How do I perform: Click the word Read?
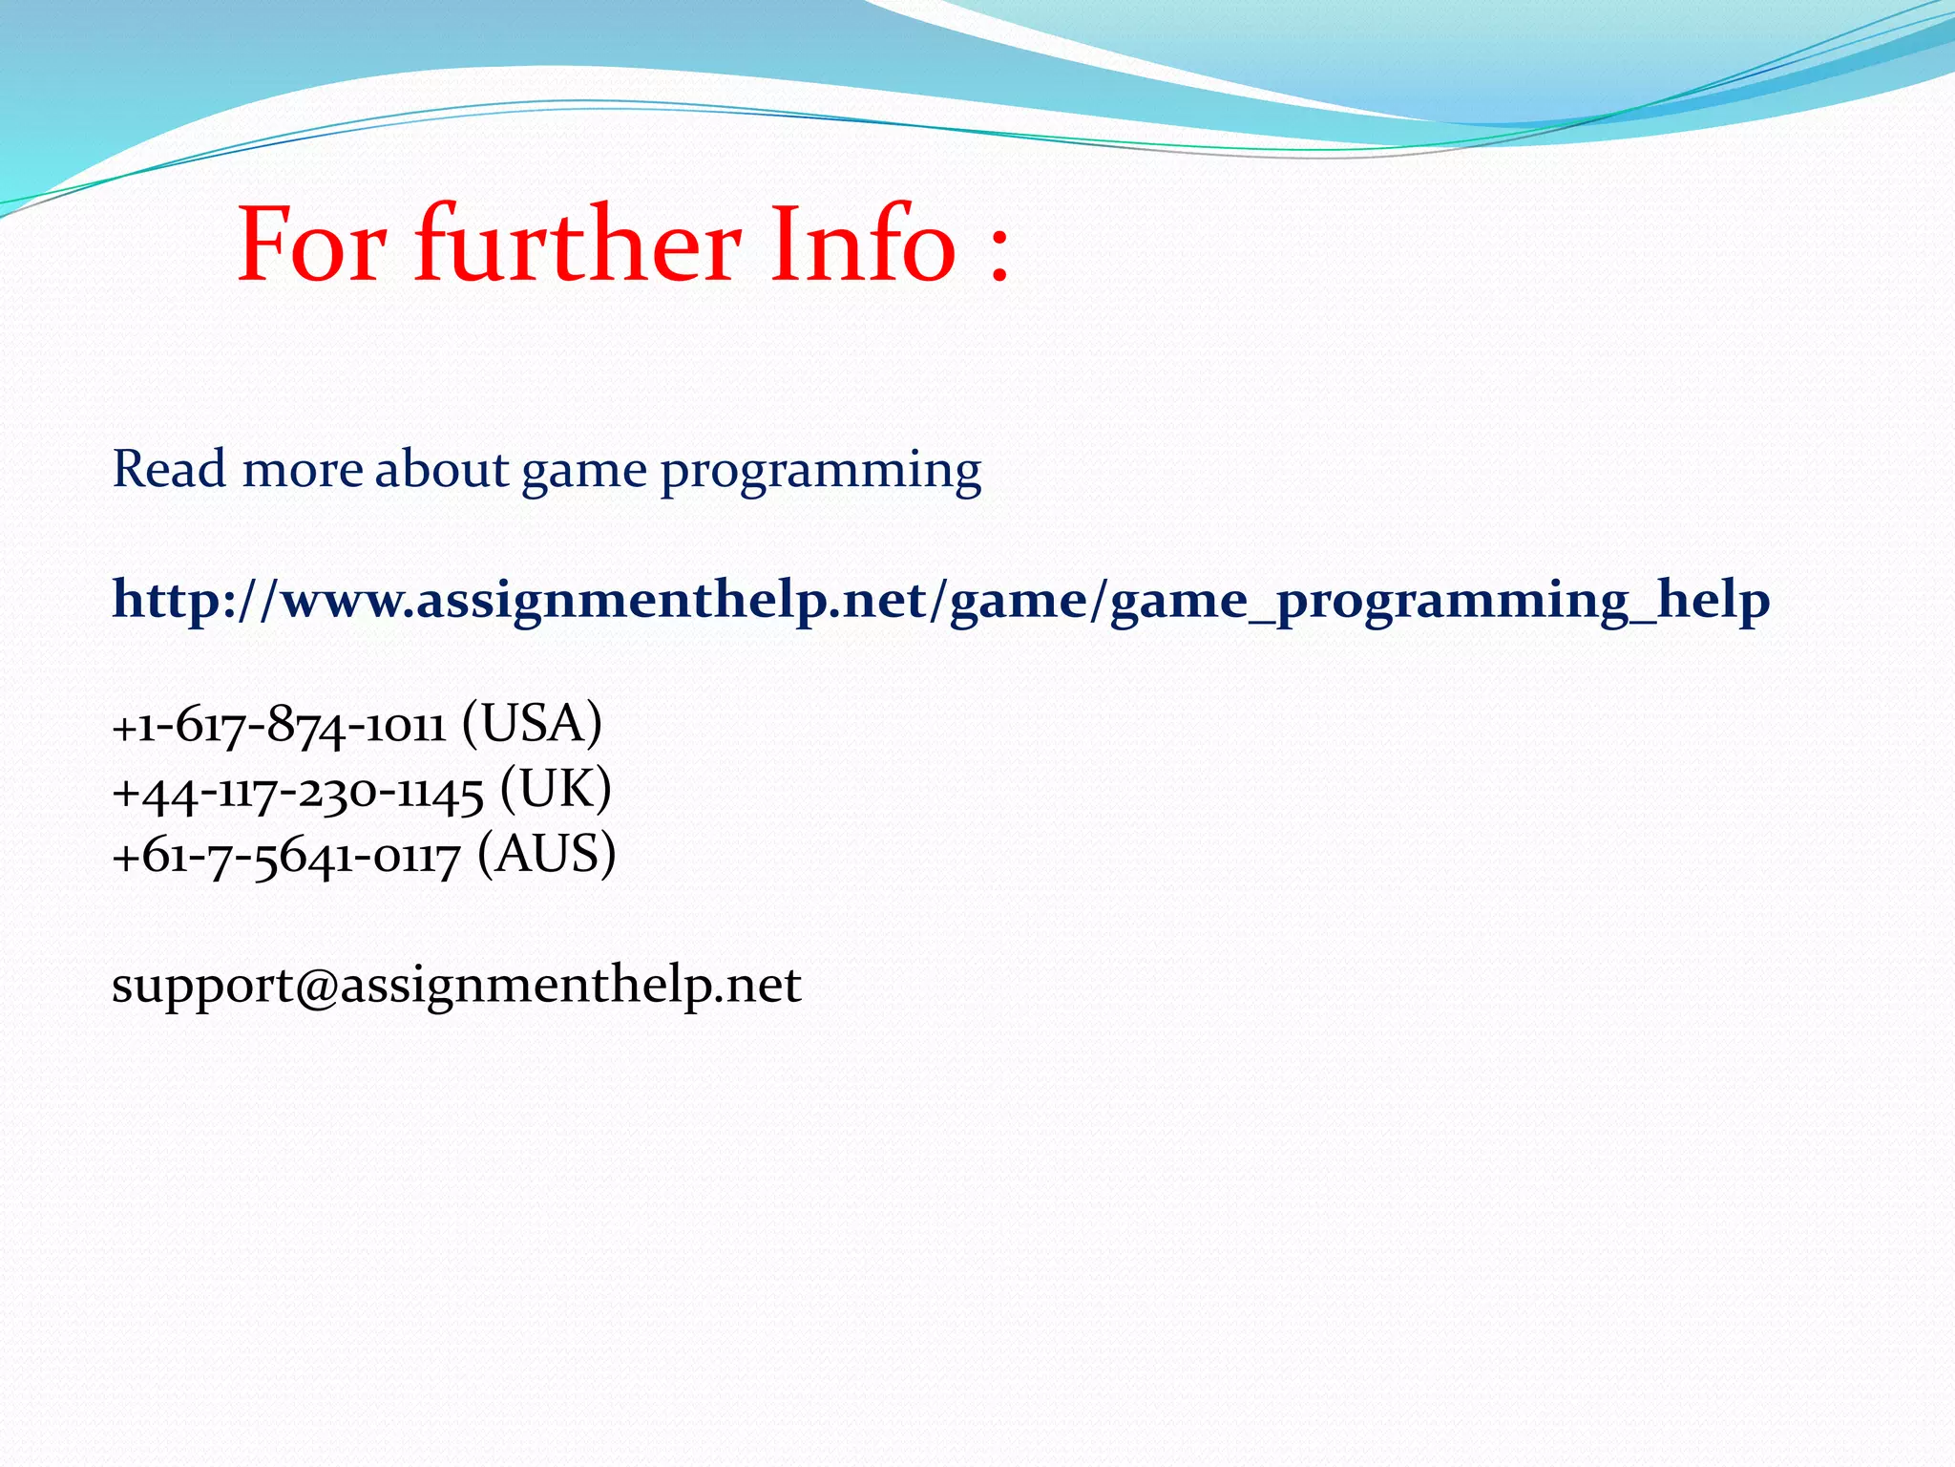click(x=169, y=469)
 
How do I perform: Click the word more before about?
click(x=302, y=471)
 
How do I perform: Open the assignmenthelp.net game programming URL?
click(x=940, y=601)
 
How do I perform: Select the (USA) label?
click(x=532, y=723)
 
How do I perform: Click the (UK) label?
click(x=555, y=789)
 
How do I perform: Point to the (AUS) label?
click(x=547, y=854)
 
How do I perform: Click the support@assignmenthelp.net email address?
click(x=456, y=985)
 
